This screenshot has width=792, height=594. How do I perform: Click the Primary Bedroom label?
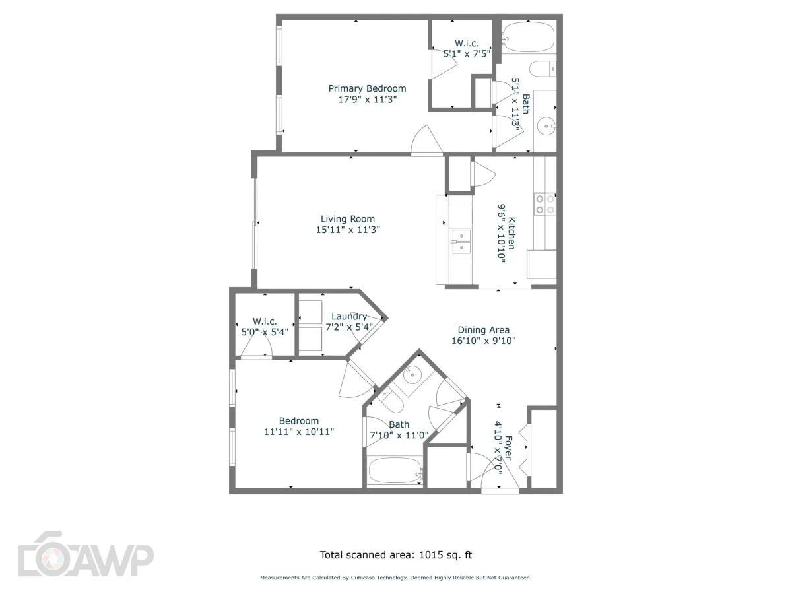coord(367,88)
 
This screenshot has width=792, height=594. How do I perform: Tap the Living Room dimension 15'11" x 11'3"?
coord(348,230)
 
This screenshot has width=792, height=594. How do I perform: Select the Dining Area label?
coord(484,330)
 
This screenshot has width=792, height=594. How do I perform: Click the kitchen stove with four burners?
coord(545,203)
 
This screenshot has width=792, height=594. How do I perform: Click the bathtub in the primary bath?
coord(528,38)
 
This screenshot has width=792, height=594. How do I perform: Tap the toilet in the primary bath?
coord(545,68)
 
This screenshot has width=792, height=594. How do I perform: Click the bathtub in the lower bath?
coord(395,471)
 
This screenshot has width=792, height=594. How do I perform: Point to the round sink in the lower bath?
coord(412,376)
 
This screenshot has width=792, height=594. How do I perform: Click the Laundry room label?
coord(349,316)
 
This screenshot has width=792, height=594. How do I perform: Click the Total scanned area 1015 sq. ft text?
coord(396,555)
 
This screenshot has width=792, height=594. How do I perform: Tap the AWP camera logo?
coord(84,561)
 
